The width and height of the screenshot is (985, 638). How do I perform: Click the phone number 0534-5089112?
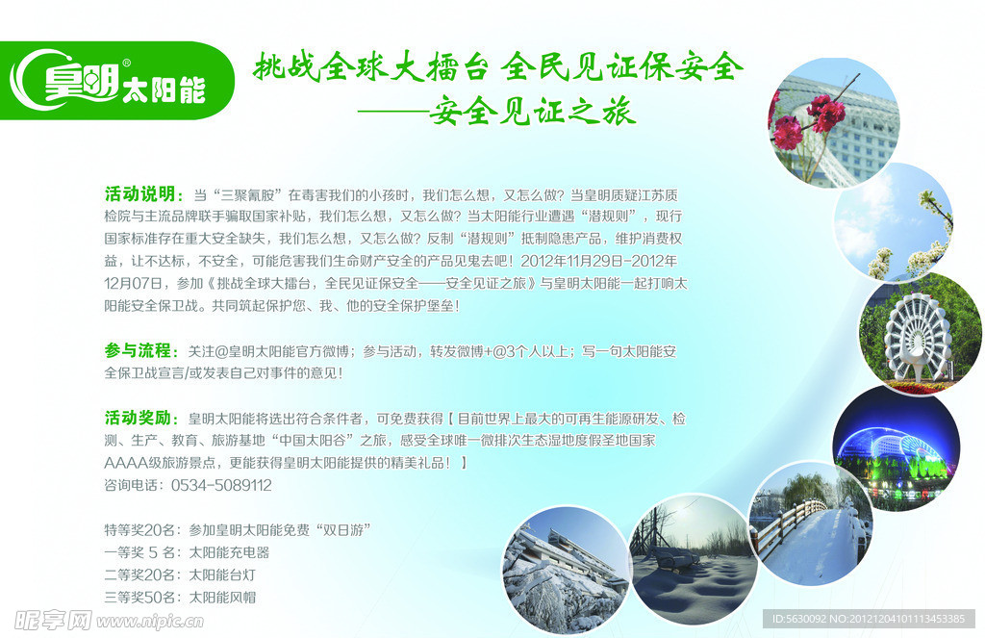pyautogui.click(x=221, y=485)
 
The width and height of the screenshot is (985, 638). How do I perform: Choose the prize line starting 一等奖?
pyautogui.click(x=187, y=552)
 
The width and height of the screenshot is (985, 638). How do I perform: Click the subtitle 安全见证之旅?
pyautogui.click(x=532, y=113)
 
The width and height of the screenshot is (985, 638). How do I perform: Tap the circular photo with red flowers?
pyautogui.click(x=834, y=122)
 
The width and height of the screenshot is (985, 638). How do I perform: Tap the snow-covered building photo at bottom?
pyautogui.click(x=565, y=570)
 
